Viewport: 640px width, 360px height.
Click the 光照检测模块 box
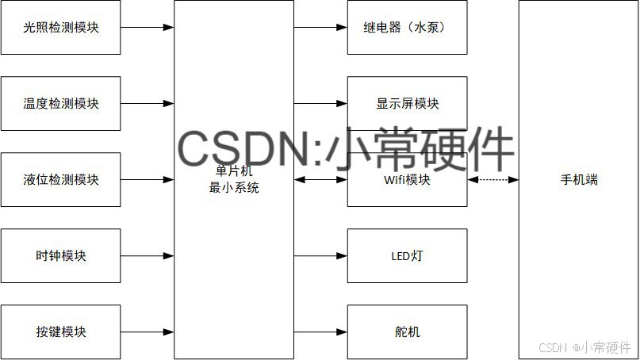(61, 28)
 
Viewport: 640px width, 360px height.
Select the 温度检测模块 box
(61, 104)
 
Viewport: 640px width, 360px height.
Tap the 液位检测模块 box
(61, 180)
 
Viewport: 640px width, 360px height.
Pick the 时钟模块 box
(61, 256)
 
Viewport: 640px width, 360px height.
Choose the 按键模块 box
(61, 331)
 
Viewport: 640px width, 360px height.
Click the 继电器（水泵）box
(408, 28)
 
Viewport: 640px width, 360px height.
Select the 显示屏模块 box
(408, 104)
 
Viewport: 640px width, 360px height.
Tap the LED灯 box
(408, 256)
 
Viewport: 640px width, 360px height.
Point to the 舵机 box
(408, 331)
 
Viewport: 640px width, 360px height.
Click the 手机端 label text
(579, 180)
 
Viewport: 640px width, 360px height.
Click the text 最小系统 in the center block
(233, 188)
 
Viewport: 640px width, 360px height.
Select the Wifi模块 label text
(408, 180)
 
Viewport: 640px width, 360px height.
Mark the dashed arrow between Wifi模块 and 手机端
(493, 180)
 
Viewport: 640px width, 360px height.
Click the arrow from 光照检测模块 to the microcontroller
(148, 28)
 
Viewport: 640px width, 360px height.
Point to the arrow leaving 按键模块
(148, 331)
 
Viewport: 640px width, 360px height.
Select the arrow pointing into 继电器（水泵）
(321, 28)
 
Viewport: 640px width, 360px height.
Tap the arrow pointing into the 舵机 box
(321, 331)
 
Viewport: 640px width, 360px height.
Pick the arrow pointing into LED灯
(321, 256)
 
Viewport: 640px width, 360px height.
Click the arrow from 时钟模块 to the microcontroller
(148, 256)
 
